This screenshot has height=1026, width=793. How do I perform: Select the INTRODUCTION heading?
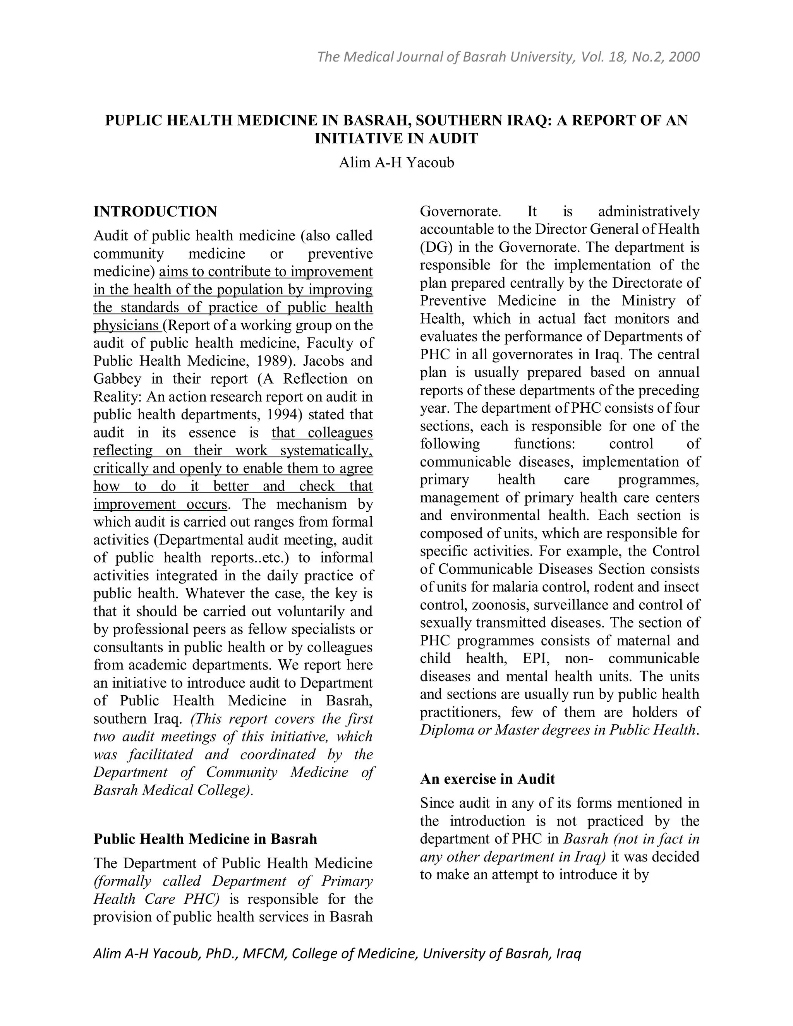[155, 211]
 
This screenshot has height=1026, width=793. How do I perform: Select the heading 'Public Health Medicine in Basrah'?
[205, 839]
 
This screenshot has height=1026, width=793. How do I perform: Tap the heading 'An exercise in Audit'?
[487, 779]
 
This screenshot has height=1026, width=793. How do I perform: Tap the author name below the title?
[396, 163]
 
